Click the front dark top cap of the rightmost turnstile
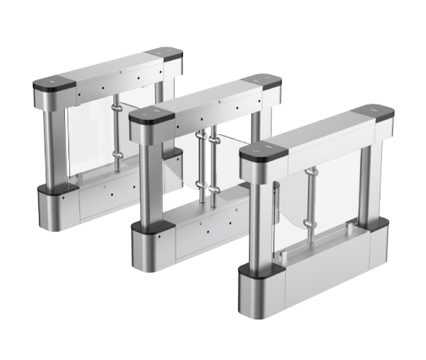[x=263, y=154]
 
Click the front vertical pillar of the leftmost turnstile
[x=56, y=143]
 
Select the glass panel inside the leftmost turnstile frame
[x=89, y=139]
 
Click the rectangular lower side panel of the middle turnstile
[x=202, y=232]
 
